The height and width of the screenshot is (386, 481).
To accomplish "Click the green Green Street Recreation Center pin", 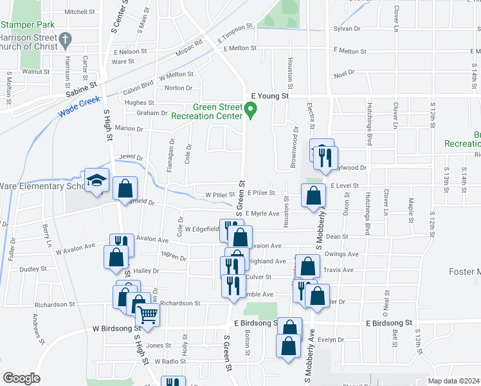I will point(253,112).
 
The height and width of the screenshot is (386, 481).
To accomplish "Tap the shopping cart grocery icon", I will point(148,317).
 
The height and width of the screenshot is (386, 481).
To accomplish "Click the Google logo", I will point(21,378).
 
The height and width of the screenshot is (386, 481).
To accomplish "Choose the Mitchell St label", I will point(80,12).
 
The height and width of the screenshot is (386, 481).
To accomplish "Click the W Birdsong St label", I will point(110,328).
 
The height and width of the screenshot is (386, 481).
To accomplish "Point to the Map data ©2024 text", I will point(454,381).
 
